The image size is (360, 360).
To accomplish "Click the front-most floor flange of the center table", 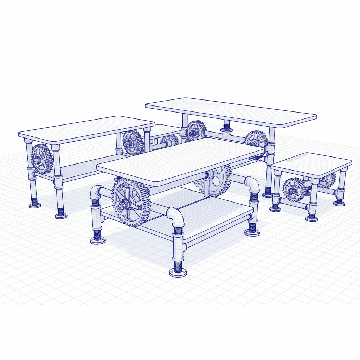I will (x=178, y=272).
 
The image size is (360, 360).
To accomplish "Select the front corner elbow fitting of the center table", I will (x=176, y=217).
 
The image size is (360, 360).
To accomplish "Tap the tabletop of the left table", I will (x=86, y=129).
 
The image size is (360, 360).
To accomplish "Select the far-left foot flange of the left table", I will (x=34, y=205).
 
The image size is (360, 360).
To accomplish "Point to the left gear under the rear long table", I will (x=196, y=130).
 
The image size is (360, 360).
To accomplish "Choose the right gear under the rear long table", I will (x=256, y=140).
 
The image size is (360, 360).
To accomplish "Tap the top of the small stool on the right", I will (x=311, y=163).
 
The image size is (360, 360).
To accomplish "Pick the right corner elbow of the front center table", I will (x=252, y=184).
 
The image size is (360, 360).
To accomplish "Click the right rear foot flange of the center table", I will (x=252, y=232).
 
